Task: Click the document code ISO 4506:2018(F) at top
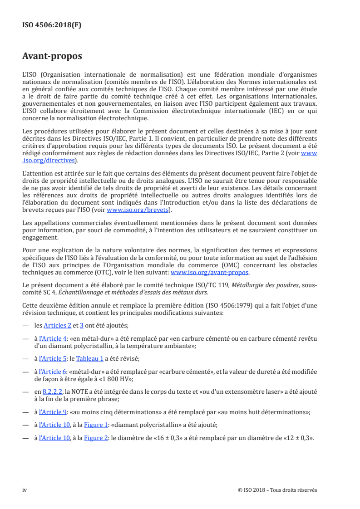click(x=52, y=25)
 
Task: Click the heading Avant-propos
click(x=52, y=56)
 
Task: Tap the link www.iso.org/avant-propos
click(x=210, y=273)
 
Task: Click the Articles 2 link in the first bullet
click(x=58, y=325)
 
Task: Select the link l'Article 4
click(x=53, y=338)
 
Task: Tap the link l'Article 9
click(x=53, y=412)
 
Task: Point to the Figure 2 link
click(x=94, y=438)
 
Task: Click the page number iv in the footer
click(x=25, y=490)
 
